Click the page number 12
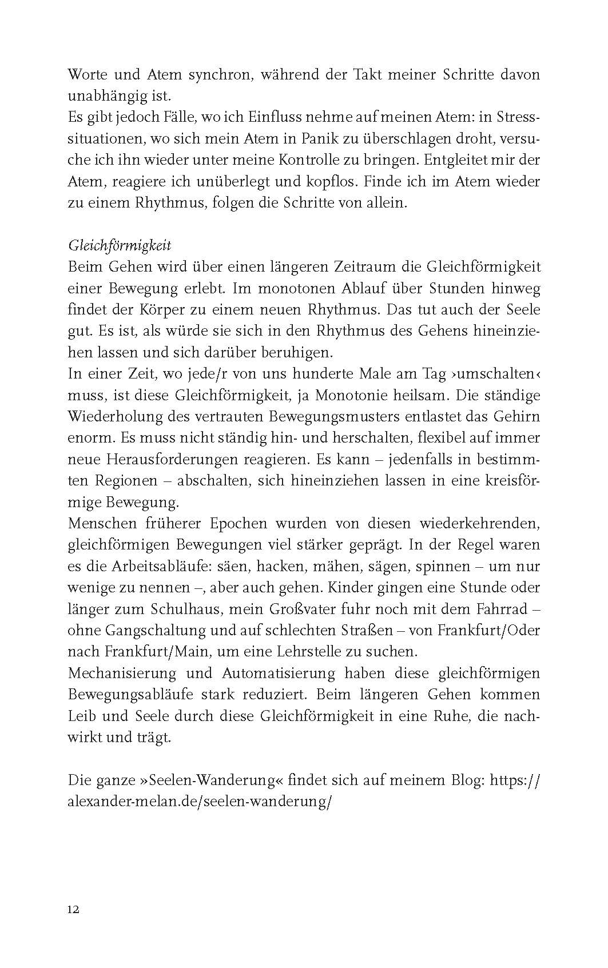point(73,910)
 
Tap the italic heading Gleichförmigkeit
point(120,246)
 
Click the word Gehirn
point(513,417)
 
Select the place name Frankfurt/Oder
point(488,631)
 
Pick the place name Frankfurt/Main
point(166,652)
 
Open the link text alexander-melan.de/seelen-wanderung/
point(200,802)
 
